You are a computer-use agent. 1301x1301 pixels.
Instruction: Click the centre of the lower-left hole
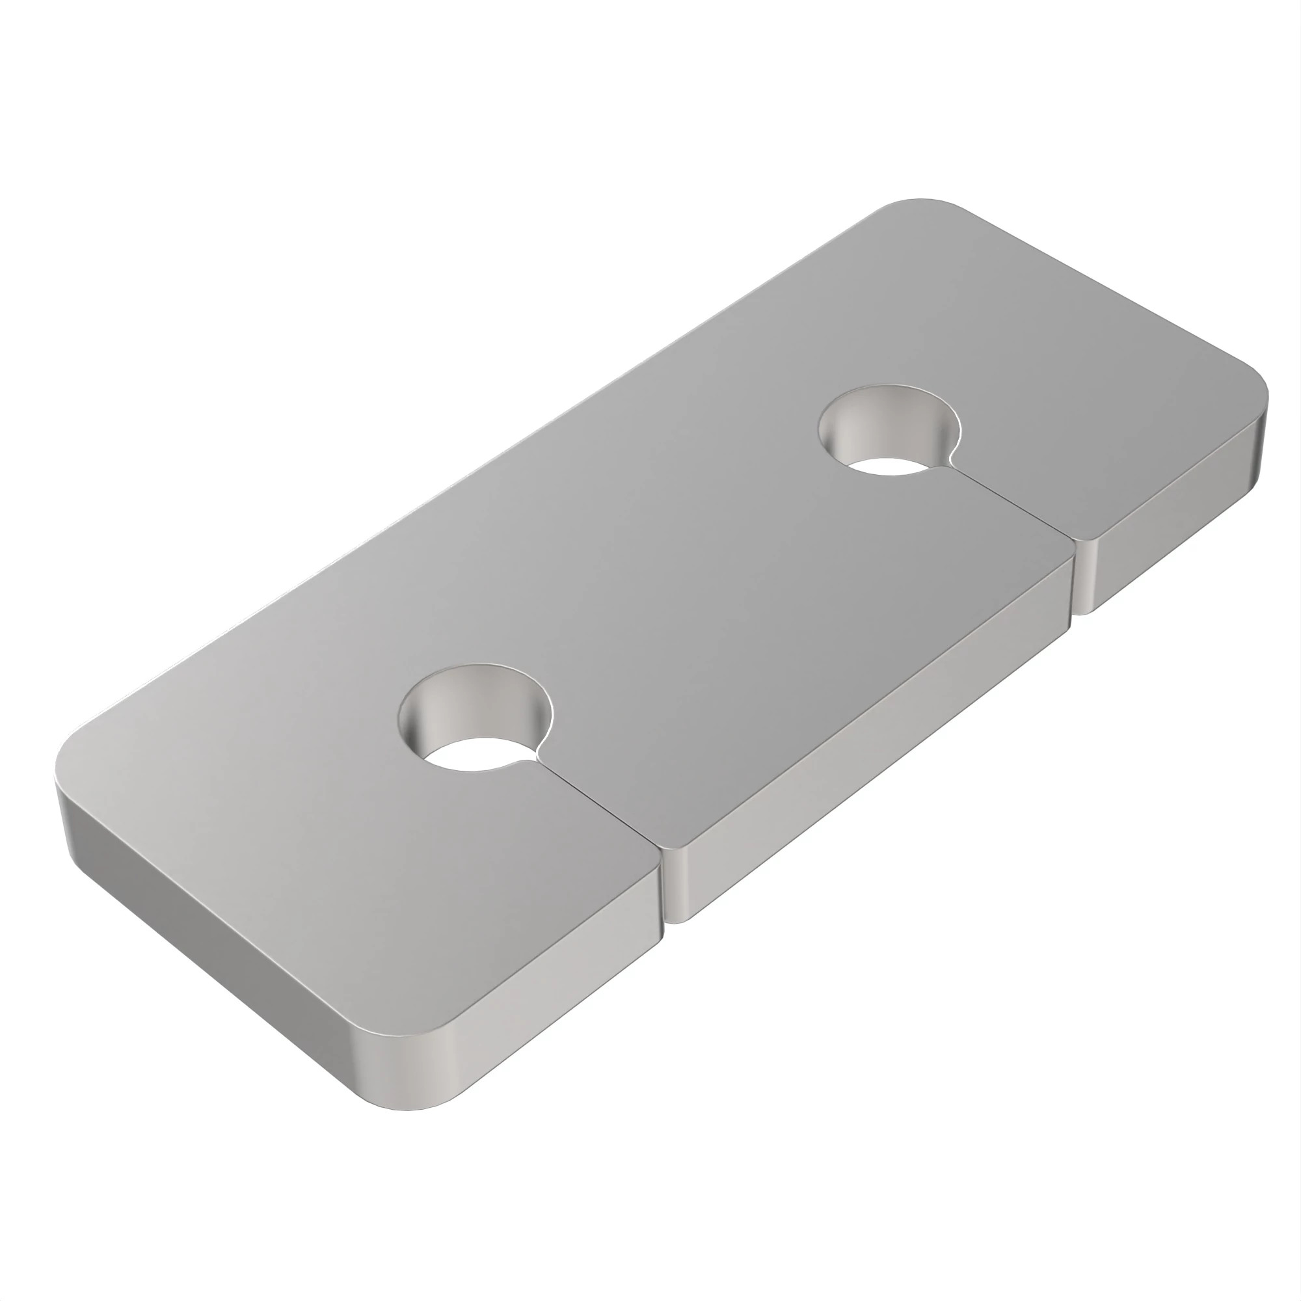pyautogui.click(x=476, y=718)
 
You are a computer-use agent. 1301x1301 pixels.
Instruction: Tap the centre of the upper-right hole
pyautogui.click(x=889, y=429)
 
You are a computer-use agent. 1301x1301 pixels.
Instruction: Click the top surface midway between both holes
pyautogui.click(x=680, y=572)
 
